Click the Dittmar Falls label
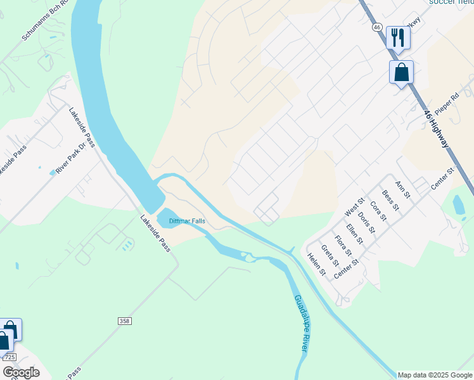point(187,220)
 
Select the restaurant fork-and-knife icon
point(398,37)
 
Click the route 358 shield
point(125,322)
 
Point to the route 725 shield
point(10,358)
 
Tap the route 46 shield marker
point(376,27)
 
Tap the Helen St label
point(316,265)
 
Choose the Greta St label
point(329,256)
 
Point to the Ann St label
point(402,189)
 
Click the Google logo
point(20,372)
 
